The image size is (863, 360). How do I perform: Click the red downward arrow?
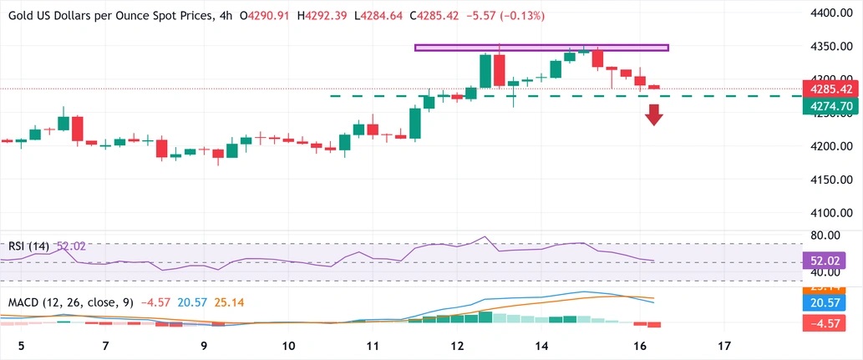(653, 114)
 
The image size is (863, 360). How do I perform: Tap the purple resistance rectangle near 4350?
(541, 48)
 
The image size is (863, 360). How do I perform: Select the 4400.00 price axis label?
(831, 13)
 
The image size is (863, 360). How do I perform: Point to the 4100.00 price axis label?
(831, 212)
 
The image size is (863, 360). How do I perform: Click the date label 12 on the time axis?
(457, 346)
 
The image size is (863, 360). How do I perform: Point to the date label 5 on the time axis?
(22, 346)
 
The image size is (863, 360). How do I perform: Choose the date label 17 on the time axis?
(724, 346)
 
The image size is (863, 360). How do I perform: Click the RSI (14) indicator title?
(28, 246)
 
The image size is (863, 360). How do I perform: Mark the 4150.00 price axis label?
(831, 180)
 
